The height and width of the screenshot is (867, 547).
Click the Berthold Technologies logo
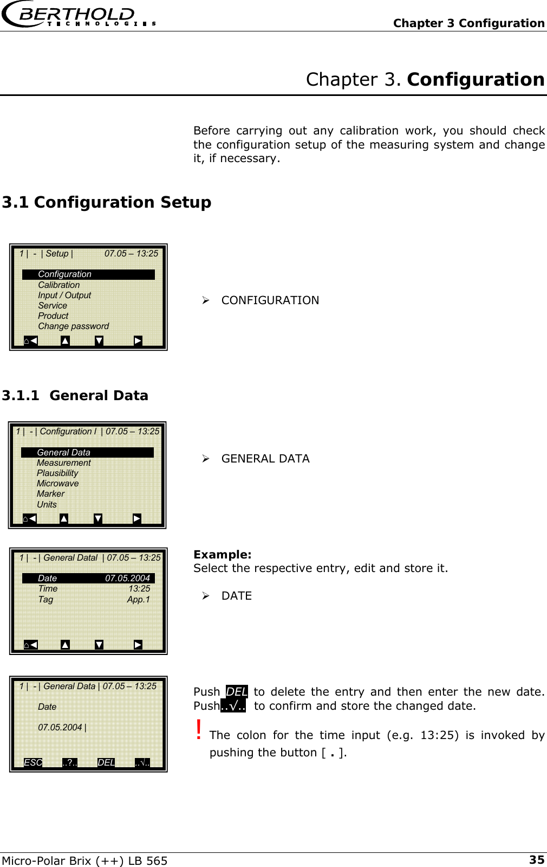tap(79, 15)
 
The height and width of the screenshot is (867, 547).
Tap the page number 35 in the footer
tap(536, 859)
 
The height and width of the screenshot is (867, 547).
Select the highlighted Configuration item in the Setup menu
tap(65, 274)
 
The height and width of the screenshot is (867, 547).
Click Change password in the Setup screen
tap(73, 326)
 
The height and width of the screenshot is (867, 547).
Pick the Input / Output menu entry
tap(64, 296)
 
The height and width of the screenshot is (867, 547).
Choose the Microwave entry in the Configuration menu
tap(57, 484)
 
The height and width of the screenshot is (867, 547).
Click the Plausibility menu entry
tap(57, 473)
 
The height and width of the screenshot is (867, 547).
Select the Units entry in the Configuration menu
tap(47, 505)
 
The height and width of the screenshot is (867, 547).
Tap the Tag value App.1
tap(138, 600)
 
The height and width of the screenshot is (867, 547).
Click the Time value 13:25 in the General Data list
tap(139, 589)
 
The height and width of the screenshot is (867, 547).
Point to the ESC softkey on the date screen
tap(33, 762)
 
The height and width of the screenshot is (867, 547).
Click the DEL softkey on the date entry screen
tap(106, 762)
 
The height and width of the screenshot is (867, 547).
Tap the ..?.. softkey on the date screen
tap(70, 762)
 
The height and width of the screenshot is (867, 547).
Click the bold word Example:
tap(222, 555)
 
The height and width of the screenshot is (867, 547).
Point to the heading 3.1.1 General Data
tap(75, 396)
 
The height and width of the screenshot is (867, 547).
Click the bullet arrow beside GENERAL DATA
tap(206, 459)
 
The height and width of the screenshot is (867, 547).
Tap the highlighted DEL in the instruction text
tap(237, 692)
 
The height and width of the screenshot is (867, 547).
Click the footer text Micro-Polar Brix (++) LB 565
tap(84, 860)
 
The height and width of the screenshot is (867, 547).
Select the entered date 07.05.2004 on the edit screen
tap(60, 728)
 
